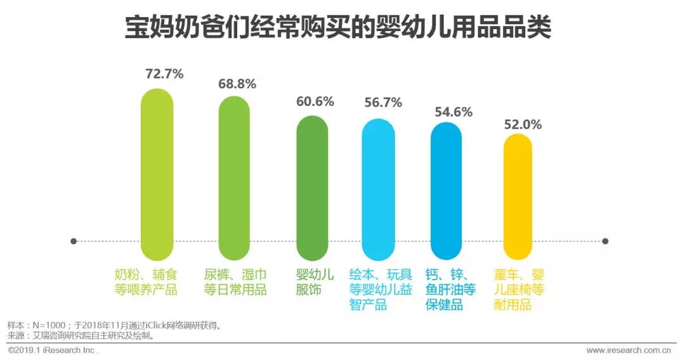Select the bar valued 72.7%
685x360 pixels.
click(x=157, y=174)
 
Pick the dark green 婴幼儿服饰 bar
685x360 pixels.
click(x=312, y=188)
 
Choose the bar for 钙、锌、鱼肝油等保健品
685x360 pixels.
click(x=447, y=191)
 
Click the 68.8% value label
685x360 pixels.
click(x=237, y=84)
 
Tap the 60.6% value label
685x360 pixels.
click(x=315, y=102)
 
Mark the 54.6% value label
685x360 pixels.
click(x=453, y=112)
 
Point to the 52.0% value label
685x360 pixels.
click(x=523, y=125)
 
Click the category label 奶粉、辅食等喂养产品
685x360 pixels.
click(x=147, y=283)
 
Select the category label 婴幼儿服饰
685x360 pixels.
click(x=315, y=283)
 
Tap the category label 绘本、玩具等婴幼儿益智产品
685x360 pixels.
click(x=381, y=290)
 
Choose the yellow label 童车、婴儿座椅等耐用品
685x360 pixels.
click(x=519, y=290)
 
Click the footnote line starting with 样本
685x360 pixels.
click(x=114, y=326)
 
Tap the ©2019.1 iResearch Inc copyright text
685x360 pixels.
click(x=53, y=350)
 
